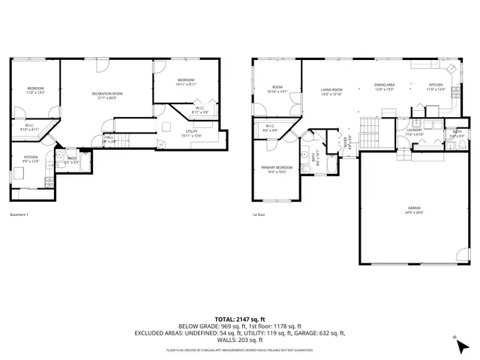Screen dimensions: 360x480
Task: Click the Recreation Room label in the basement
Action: click(107, 93)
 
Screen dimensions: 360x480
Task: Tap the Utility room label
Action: click(190, 131)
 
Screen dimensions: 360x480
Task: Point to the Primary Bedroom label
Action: click(276, 167)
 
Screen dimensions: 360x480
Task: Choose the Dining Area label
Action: click(385, 85)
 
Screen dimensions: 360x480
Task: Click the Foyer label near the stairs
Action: click(346, 139)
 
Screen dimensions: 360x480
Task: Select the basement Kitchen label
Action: click(30, 157)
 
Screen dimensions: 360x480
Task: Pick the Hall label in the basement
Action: click(109, 137)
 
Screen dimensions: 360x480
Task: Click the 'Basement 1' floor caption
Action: click(19, 215)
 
